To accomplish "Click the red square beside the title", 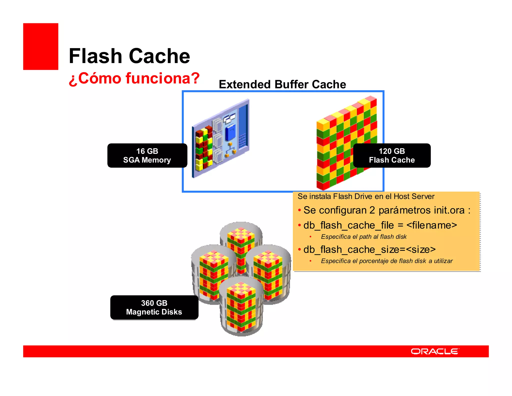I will point(40,46).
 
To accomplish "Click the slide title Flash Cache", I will point(129,56).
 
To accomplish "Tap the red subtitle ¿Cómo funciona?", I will point(134,78).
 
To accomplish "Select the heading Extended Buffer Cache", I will point(282,84).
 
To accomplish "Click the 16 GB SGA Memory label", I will point(147,155).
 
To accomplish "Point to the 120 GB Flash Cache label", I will point(391,155).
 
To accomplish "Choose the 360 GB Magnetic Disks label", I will point(154,307).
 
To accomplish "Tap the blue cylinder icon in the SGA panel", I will point(230,133).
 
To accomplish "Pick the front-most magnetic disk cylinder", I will point(241,307).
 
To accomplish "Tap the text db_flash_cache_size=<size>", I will point(369,250).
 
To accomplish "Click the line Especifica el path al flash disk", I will point(364,237).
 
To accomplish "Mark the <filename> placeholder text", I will point(432,225).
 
